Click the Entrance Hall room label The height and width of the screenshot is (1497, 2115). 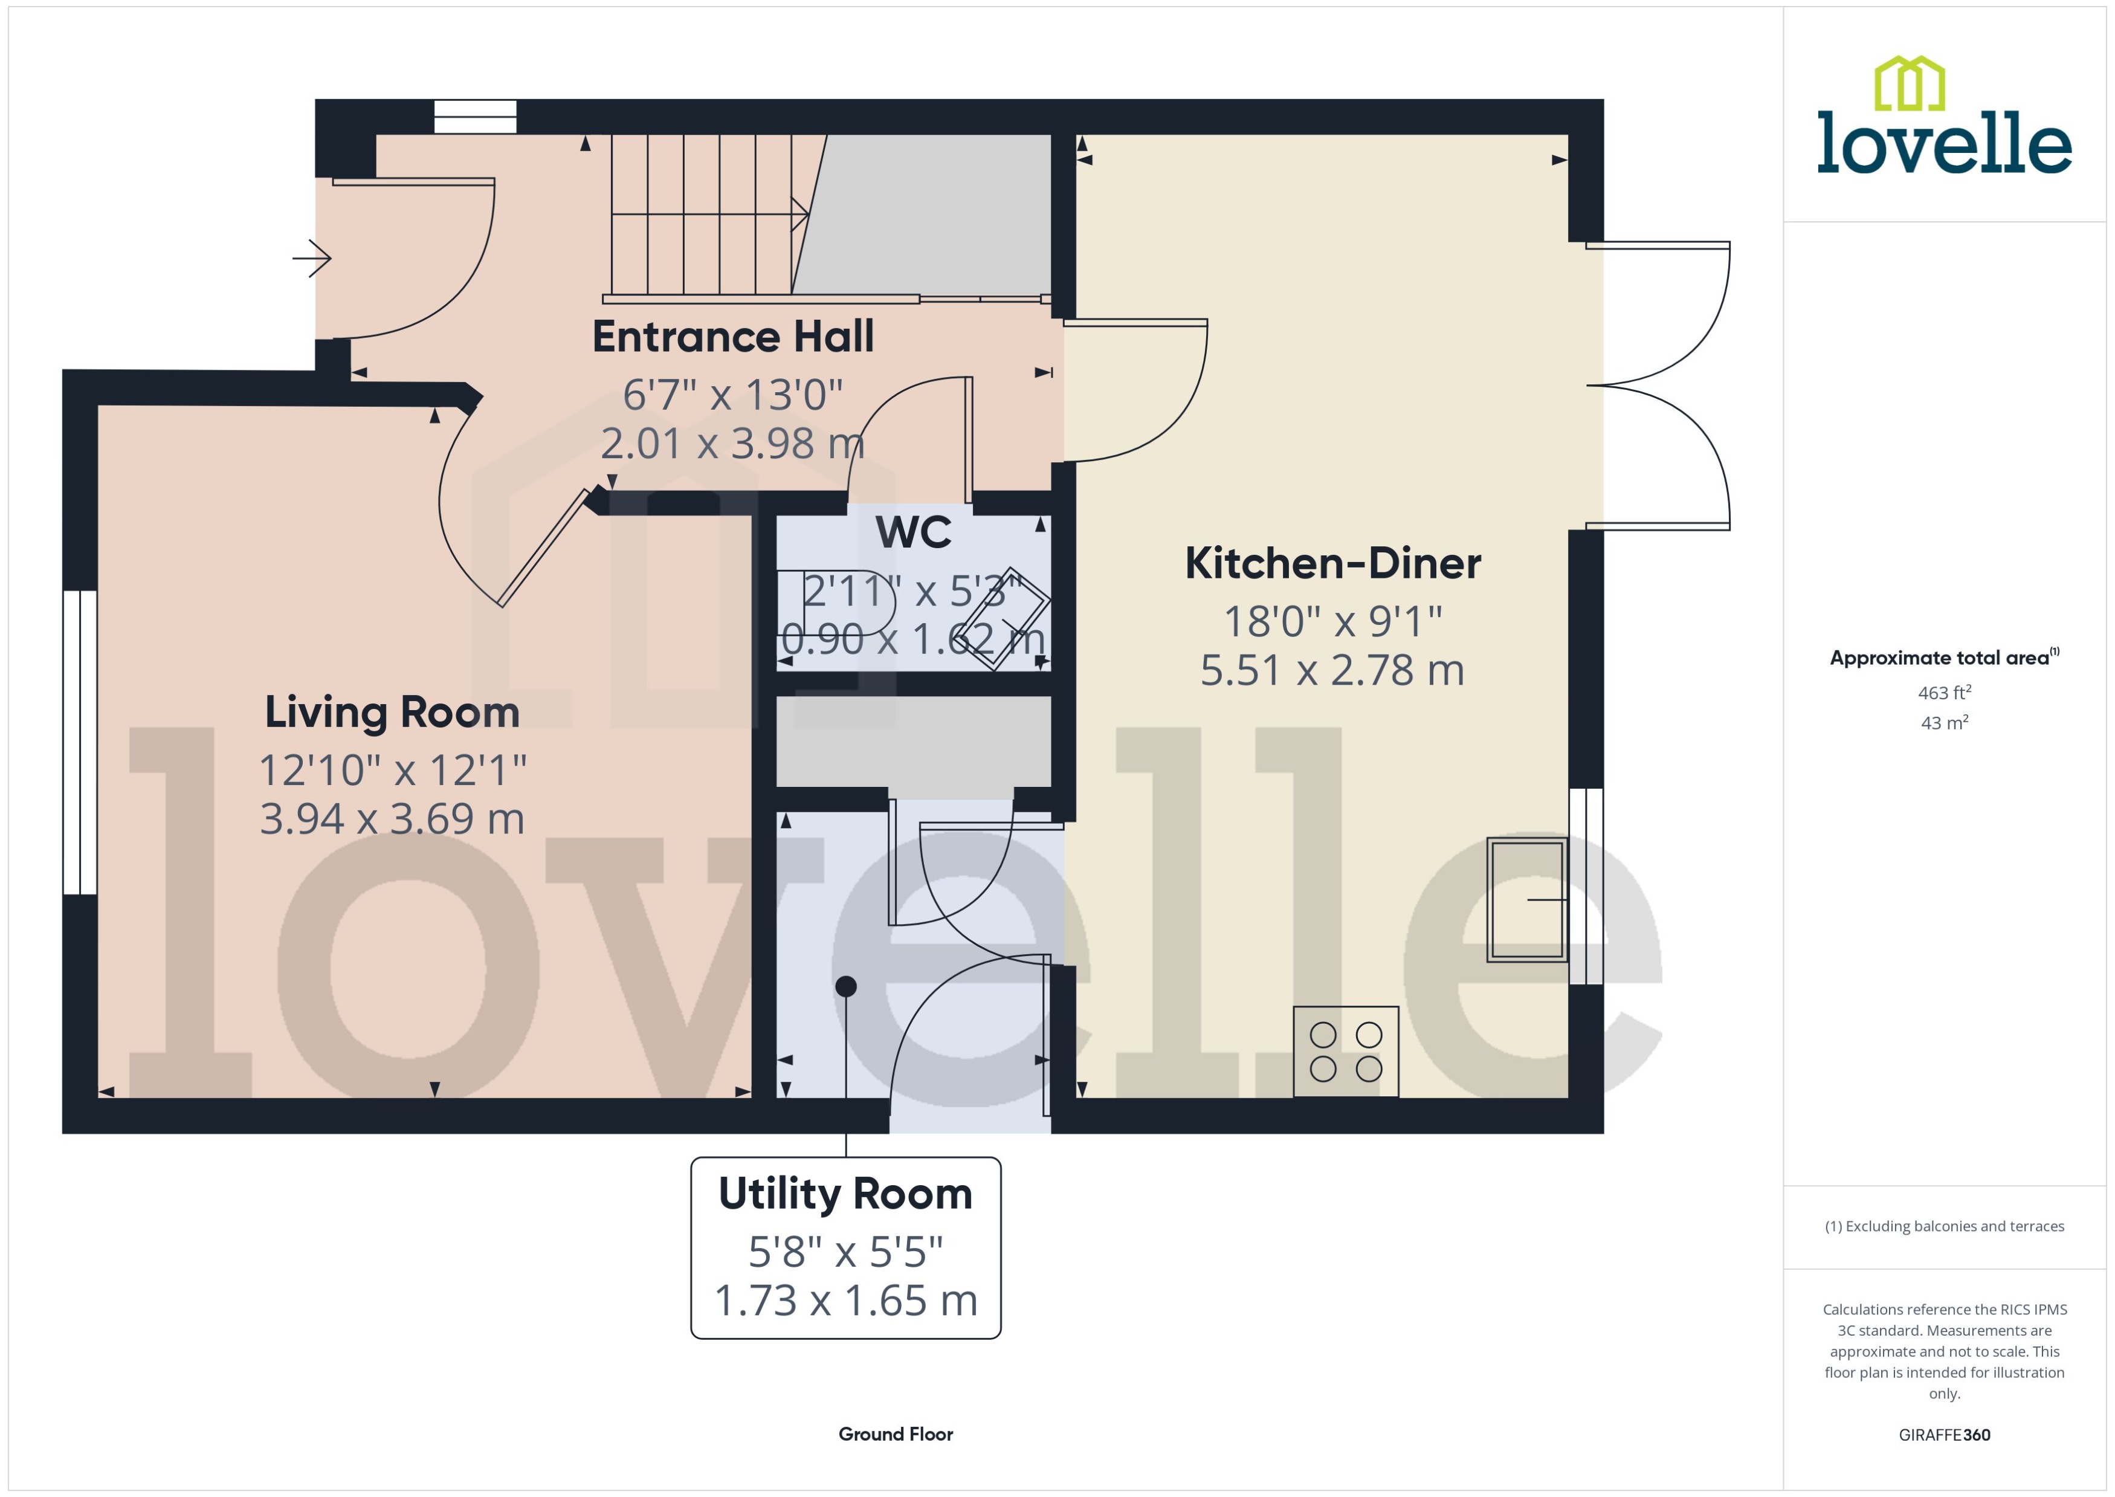coord(732,337)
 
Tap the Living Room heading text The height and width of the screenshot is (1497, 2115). coord(392,713)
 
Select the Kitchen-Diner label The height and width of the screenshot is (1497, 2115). coord(1332,563)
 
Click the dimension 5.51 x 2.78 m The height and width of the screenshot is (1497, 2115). coord(1332,670)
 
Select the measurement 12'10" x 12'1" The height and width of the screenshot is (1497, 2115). coord(392,771)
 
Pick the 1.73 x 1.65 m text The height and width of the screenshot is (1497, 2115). coord(845,1301)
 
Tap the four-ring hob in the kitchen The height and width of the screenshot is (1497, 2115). coord(1346,1052)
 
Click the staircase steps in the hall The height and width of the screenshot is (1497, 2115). coord(700,215)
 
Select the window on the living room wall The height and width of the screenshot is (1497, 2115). coord(80,742)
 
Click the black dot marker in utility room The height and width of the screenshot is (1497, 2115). coord(845,986)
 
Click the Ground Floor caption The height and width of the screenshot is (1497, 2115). coord(895,1434)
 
